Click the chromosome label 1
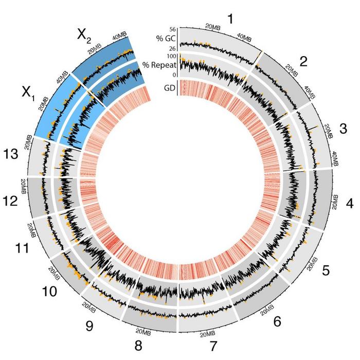click(230, 19)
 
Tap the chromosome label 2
click(303, 62)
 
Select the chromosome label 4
click(350, 203)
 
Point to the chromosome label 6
click(278, 322)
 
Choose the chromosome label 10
click(50, 292)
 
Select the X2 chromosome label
click(85, 35)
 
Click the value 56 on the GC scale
click(173, 29)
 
